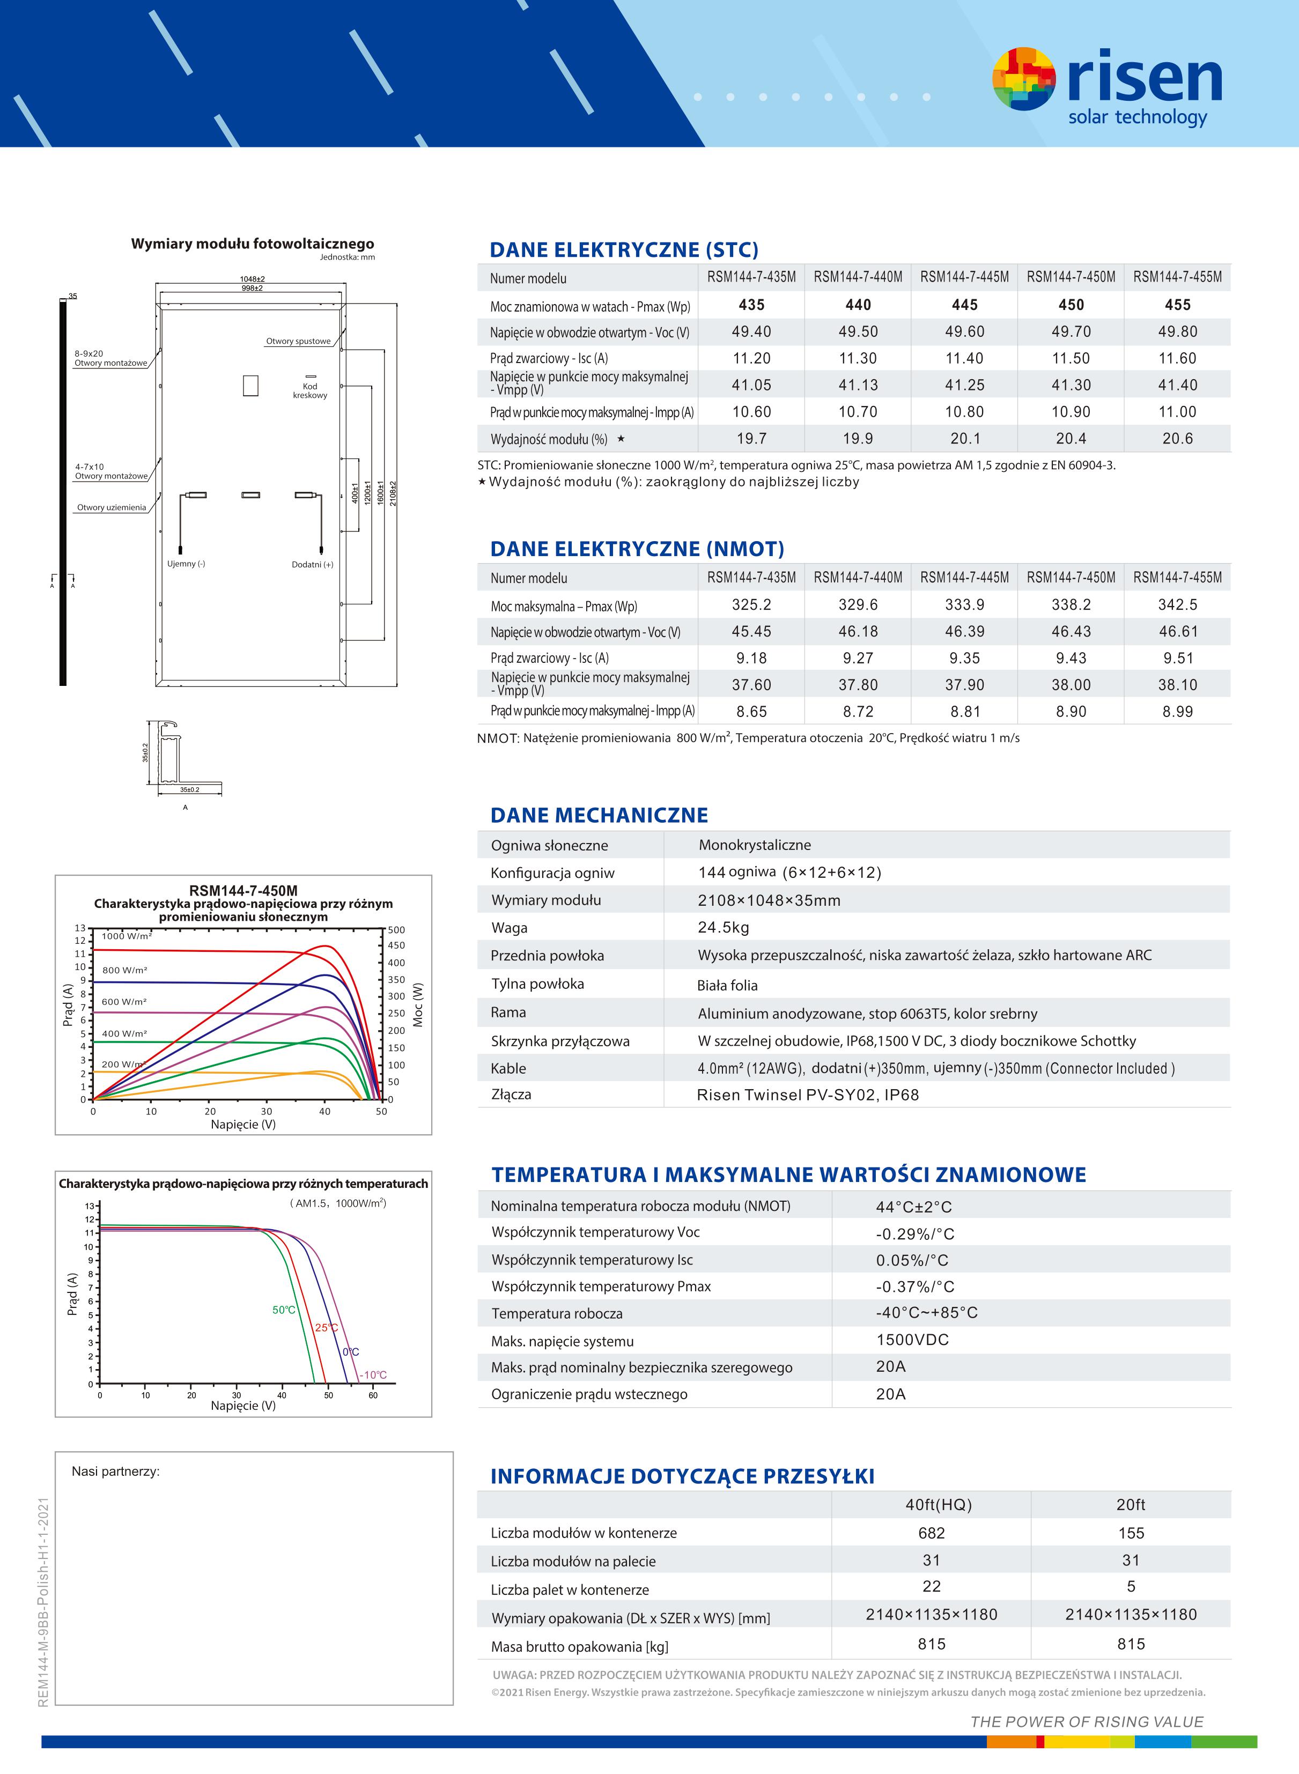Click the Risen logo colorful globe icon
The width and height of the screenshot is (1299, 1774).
(1024, 79)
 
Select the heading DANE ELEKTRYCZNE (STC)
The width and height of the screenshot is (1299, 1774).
(624, 250)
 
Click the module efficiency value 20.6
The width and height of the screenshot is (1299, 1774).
(1177, 439)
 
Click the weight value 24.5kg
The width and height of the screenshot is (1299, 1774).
(724, 927)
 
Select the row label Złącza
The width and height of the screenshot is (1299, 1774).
(511, 1094)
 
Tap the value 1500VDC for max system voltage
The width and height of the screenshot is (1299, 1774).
(912, 1339)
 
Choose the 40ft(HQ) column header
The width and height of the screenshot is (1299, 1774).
(938, 1504)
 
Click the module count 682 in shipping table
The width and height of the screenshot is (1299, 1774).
(931, 1533)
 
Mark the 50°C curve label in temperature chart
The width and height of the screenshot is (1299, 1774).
(284, 1310)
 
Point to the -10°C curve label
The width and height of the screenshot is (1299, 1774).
(373, 1374)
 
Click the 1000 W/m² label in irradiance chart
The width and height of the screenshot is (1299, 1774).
(127, 936)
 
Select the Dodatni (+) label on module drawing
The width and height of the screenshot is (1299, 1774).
(312, 564)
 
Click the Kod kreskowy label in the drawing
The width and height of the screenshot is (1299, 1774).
(310, 390)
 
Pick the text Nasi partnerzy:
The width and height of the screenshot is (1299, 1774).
(116, 1472)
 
